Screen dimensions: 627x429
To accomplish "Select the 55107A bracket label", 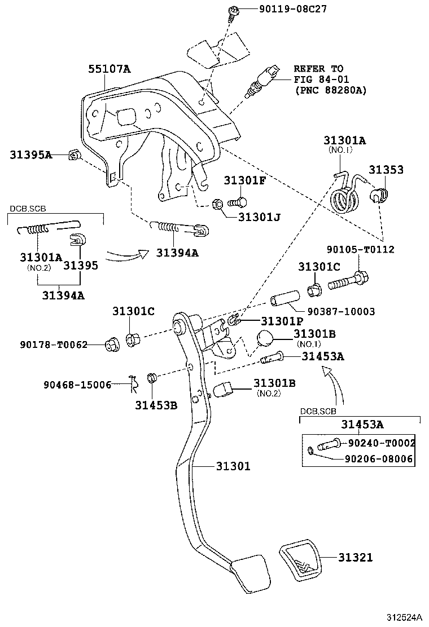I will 109,69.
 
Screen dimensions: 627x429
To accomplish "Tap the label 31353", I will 386,169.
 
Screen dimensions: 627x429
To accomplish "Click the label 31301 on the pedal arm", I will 232,466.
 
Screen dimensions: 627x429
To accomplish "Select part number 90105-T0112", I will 360,249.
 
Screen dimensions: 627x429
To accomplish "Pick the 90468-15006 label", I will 77,385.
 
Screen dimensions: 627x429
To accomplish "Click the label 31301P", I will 281,321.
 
